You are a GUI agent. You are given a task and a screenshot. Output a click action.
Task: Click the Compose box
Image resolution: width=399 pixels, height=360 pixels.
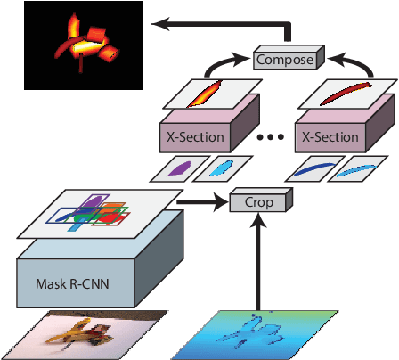click(x=284, y=60)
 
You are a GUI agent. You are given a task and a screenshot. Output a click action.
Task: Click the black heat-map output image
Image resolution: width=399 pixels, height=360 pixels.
click(x=85, y=45)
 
